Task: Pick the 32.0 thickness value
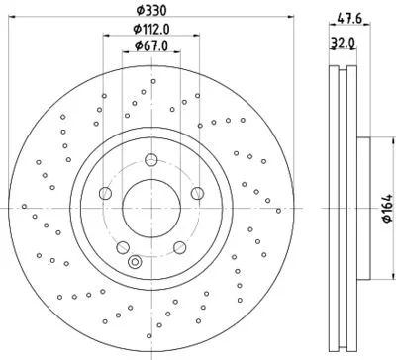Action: (344, 44)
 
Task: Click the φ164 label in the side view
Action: (385, 210)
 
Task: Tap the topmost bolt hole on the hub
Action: (150, 160)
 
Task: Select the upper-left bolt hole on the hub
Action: (105, 193)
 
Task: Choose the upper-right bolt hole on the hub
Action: (195, 193)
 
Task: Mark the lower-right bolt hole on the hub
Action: (178, 247)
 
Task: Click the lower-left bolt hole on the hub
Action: (123, 247)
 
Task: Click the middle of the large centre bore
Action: (150, 209)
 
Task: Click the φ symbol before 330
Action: (140, 10)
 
